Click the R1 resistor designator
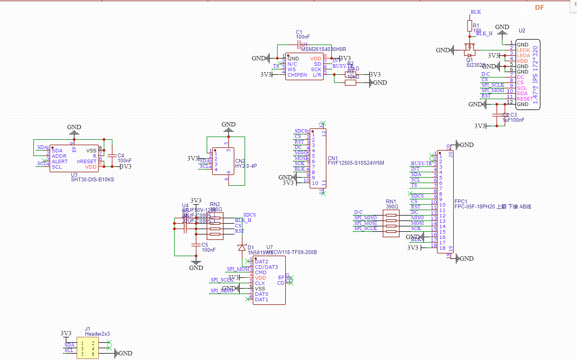click(x=476, y=26)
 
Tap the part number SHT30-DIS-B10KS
click(x=92, y=179)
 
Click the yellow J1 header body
click(x=87, y=348)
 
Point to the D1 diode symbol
click(x=242, y=247)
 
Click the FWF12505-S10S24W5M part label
click(x=356, y=163)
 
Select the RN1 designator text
click(x=391, y=201)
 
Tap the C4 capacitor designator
click(x=121, y=155)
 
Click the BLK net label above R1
click(x=476, y=12)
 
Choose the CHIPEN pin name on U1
click(x=297, y=75)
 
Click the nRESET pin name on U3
click(x=87, y=162)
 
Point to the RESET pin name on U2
click(x=525, y=99)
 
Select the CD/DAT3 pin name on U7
click(x=266, y=267)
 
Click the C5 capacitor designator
click(x=205, y=245)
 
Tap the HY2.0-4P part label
click(x=246, y=166)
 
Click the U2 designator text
click(x=522, y=31)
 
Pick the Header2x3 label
click(x=97, y=334)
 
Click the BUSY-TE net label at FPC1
click(x=421, y=164)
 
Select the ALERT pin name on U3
click(x=60, y=162)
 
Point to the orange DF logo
click(x=539, y=7)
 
